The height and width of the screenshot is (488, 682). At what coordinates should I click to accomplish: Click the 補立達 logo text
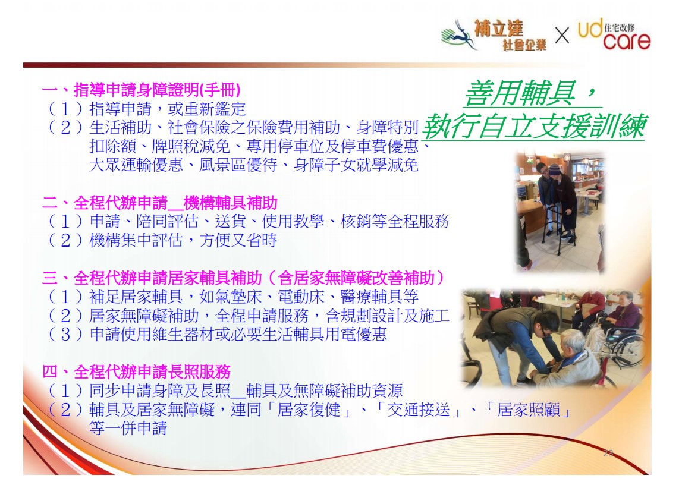coord(498,29)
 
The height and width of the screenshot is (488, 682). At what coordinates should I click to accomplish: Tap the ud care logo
coord(614,34)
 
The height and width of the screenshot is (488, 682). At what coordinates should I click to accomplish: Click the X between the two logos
coord(562,35)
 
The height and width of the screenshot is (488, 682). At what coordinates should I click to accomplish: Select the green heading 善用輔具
coord(520,93)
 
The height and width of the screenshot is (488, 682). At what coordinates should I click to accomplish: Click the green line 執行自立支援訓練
coord(535,125)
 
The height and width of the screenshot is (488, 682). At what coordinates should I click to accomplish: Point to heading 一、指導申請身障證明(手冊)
coord(141,90)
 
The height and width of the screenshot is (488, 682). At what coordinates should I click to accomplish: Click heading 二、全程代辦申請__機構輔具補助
coord(159,203)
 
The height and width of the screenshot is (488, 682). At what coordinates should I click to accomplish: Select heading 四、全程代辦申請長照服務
coord(136,371)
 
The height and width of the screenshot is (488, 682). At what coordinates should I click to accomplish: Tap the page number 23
coord(608,453)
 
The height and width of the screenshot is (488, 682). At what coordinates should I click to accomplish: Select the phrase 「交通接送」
coord(419,410)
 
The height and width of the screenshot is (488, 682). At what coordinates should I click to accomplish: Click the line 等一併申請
coord(128,428)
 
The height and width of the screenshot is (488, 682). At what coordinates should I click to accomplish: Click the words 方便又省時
coord(238,240)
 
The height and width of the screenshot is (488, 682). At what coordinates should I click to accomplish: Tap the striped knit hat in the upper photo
coord(555,169)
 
